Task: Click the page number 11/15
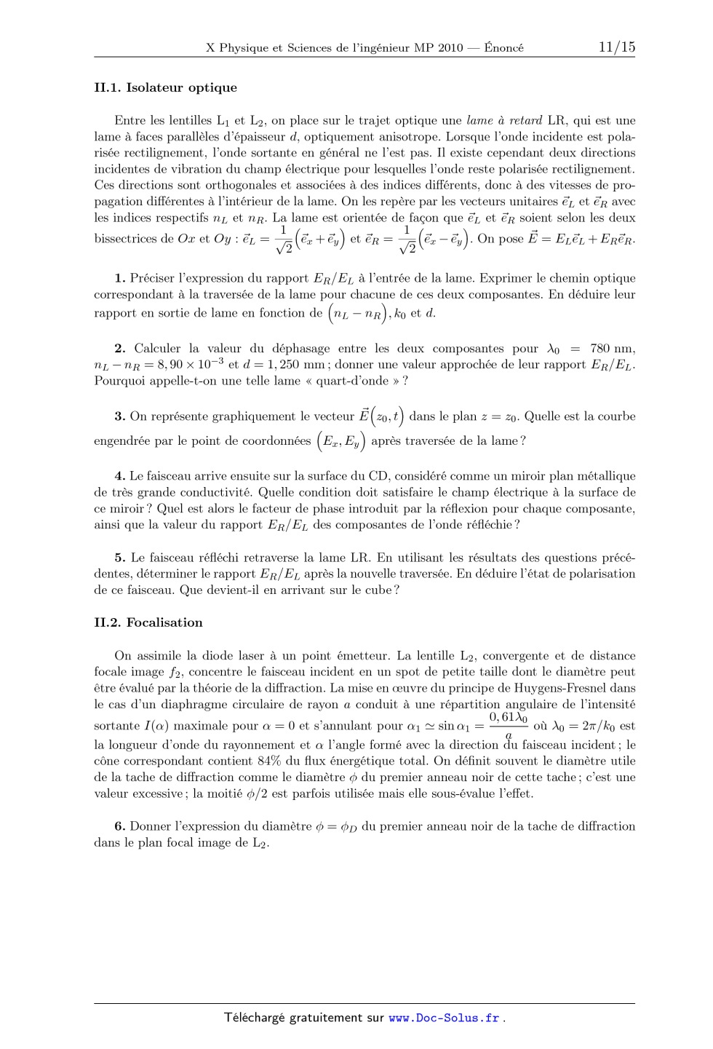click(x=616, y=47)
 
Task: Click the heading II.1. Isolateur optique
click(x=165, y=88)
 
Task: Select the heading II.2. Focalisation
click(x=148, y=622)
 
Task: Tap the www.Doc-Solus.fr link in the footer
click(x=444, y=1018)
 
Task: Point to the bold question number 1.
click(x=120, y=278)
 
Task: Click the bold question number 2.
click(x=120, y=349)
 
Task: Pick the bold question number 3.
click(x=120, y=417)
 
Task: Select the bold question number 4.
click(x=120, y=476)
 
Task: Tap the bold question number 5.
click(x=120, y=558)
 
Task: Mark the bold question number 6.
click(x=120, y=826)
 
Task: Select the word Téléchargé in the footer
click(x=254, y=1018)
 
